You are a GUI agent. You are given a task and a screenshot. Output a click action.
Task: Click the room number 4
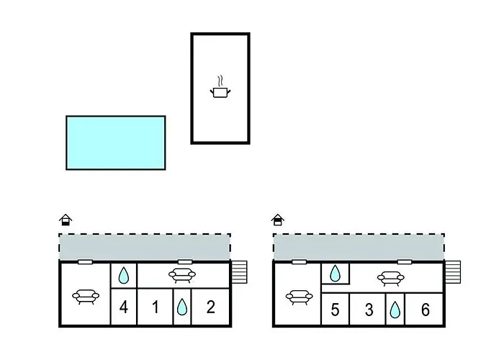(124, 308)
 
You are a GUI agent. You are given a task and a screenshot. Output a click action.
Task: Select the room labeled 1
(156, 308)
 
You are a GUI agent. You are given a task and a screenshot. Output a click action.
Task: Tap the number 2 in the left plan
(210, 308)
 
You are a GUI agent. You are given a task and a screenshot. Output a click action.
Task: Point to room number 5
(335, 310)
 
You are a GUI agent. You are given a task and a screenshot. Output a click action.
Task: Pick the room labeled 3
(369, 310)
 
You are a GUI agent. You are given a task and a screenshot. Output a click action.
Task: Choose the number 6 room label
(425, 310)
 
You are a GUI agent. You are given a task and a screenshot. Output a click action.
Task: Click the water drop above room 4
(124, 275)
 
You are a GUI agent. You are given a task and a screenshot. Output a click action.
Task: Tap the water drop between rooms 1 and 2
(182, 308)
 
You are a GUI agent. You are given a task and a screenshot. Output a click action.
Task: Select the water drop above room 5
(335, 273)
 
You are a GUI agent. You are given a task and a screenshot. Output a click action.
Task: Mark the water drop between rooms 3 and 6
(395, 310)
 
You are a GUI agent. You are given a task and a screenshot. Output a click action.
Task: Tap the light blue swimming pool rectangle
(116, 143)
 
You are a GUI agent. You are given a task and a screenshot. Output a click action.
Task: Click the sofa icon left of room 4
(86, 295)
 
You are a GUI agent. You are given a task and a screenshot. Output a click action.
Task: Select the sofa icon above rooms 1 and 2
(181, 274)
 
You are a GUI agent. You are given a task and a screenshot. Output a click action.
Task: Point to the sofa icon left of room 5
(297, 296)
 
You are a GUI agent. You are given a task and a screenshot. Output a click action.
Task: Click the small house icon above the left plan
(66, 220)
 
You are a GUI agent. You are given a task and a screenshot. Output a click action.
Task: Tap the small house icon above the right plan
(278, 220)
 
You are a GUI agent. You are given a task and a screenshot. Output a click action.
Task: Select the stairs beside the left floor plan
(240, 274)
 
